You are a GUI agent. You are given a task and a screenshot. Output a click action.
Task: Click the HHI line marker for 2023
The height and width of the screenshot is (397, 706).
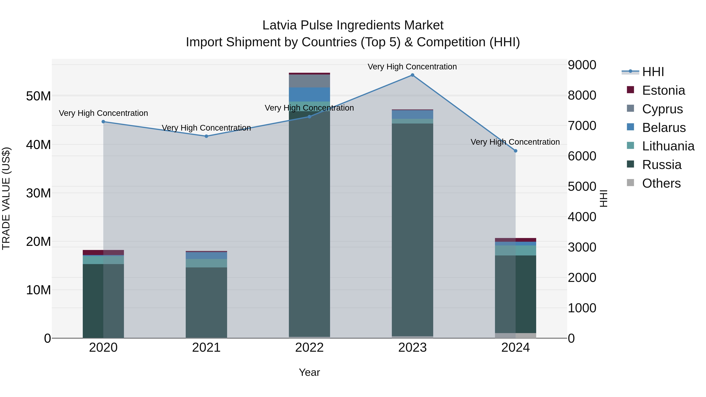[x=412, y=75]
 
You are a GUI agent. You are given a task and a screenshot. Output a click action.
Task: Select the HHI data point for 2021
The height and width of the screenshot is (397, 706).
[x=206, y=136]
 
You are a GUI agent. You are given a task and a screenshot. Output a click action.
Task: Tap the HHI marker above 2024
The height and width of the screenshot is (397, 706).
[x=515, y=151]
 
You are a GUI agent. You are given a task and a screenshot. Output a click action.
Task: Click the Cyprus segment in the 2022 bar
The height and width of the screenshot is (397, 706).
[x=309, y=81]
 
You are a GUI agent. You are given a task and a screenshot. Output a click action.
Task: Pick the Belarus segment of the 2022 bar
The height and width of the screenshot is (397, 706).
[x=309, y=94]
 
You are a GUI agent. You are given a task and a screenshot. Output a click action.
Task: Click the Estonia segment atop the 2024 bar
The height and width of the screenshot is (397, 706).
[x=515, y=240]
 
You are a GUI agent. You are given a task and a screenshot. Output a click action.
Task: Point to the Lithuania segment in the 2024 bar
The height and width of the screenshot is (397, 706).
[x=515, y=250]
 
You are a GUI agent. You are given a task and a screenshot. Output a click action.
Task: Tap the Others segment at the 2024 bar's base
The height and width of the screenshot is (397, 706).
[x=515, y=335]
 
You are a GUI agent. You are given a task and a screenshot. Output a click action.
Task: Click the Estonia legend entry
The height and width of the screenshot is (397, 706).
[x=663, y=90]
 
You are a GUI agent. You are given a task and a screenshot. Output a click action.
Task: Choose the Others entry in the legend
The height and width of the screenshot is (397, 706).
[x=661, y=183]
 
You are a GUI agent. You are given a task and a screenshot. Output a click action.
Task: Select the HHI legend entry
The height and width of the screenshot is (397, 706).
[x=653, y=72]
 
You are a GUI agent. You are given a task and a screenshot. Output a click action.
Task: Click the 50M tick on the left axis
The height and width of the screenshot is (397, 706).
[x=38, y=96]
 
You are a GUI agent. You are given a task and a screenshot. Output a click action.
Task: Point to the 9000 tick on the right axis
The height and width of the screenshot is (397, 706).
[x=582, y=65]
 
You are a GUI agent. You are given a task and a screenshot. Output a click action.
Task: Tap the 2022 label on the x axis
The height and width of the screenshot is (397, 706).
[x=309, y=348]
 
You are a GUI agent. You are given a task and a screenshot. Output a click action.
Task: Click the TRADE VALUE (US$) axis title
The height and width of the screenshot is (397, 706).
[x=6, y=198]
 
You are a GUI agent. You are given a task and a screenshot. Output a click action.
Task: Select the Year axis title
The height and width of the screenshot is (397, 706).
[x=309, y=372]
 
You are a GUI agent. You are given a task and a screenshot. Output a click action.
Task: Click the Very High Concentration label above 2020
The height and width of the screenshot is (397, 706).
[x=103, y=113]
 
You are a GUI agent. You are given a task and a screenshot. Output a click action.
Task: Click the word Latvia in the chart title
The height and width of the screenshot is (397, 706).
[x=279, y=25]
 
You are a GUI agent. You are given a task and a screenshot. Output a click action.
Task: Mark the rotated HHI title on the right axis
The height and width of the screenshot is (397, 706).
[x=603, y=198]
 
